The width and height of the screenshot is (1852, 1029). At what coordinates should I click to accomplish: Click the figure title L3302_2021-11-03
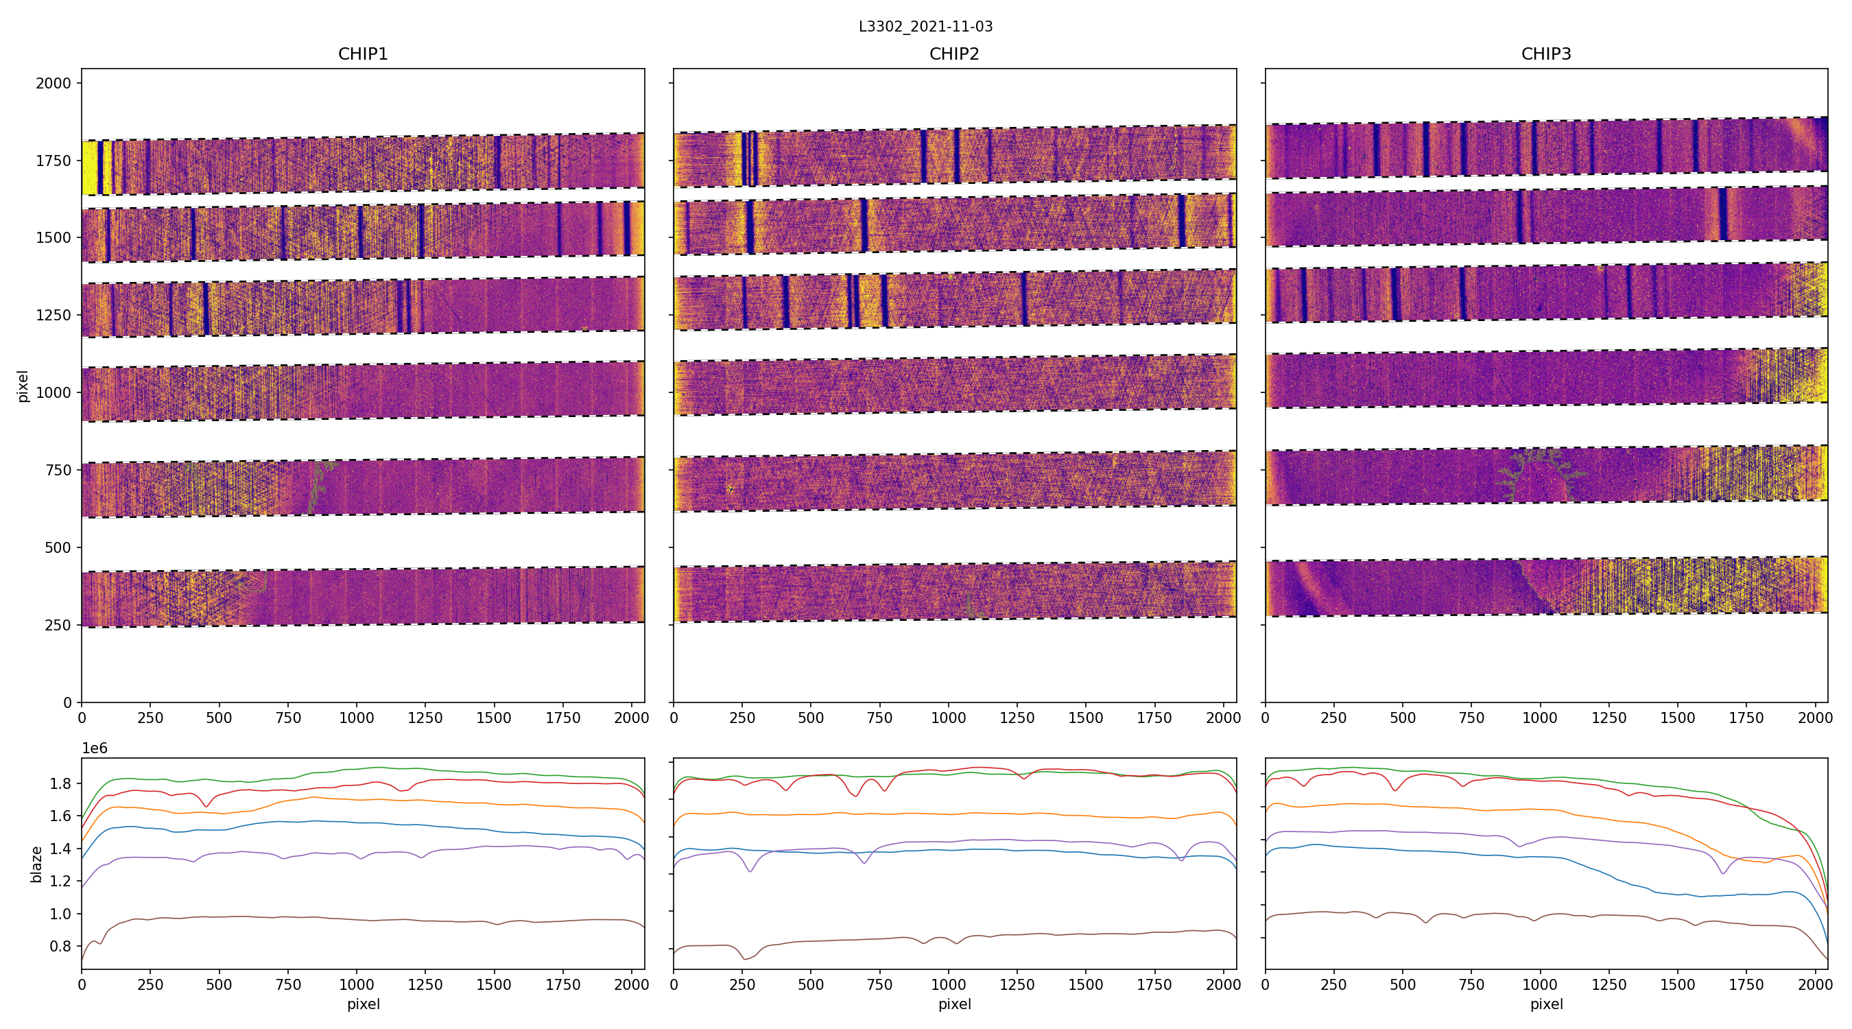925,27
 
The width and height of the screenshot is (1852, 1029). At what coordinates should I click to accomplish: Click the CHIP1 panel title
363,54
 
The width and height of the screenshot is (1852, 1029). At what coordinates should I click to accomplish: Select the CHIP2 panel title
954,54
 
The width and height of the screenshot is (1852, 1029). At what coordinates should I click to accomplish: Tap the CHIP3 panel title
1545,54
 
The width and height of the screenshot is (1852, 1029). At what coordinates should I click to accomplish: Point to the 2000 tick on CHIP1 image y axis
54,84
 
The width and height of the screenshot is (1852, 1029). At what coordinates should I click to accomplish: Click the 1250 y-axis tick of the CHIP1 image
54,315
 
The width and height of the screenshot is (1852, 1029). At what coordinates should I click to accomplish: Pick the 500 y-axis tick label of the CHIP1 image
58,548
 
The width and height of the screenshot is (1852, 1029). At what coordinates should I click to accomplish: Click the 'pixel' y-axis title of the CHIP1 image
23,386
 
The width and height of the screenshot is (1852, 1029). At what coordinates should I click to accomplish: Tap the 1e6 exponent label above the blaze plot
95,748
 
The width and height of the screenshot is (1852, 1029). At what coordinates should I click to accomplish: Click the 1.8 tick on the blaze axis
60,784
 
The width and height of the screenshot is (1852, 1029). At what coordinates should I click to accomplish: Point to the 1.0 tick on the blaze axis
60,914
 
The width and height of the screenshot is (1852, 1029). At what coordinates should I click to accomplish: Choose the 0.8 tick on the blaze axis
60,946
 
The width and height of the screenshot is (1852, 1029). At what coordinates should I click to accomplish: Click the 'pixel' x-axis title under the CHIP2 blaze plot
954,1004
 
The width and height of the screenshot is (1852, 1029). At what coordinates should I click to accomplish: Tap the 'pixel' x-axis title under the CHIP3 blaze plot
1545,1004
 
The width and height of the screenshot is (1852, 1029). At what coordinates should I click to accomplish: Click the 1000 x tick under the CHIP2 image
948,718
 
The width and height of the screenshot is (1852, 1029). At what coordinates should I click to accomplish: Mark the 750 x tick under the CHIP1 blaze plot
288,984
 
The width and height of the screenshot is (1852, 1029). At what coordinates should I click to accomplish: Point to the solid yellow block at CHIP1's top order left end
89,167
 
